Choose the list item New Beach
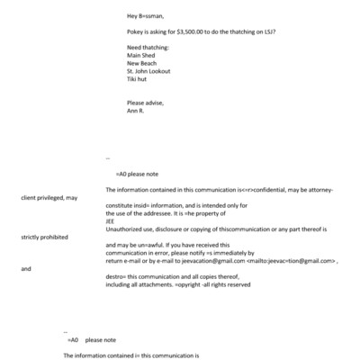click(144, 63)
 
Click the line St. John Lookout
click(149, 71)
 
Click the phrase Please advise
click(147, 103)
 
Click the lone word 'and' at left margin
click(25, 269)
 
